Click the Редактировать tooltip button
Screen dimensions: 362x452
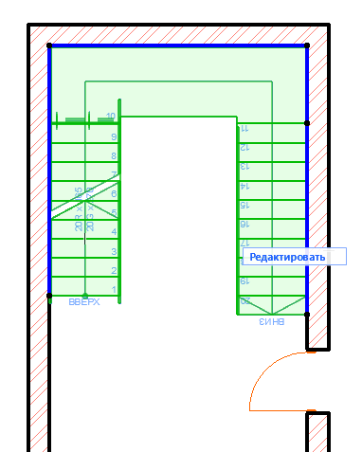point(287,257)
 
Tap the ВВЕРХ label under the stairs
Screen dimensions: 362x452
point(84,303)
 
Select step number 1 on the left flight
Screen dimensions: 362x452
point(114,289)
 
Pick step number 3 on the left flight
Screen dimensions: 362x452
point(114,251)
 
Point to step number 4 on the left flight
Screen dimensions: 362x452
point(114,232)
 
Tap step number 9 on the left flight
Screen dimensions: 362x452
point(114,136)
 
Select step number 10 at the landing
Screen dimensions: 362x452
point(111,117)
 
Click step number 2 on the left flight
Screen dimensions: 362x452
point(114,270)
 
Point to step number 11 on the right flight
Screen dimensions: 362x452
point(244,128)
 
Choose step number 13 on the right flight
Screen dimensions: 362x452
point(244,167)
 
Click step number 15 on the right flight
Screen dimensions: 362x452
point(244,205)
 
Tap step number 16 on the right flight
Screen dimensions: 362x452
point(244,224)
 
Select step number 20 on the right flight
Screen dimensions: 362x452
point(244,300)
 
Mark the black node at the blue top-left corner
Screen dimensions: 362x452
point(49,45)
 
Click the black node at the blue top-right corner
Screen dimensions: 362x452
point(307,45)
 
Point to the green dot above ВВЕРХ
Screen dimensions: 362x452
point(84,295)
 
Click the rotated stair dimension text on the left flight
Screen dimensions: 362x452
point(84,210)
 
